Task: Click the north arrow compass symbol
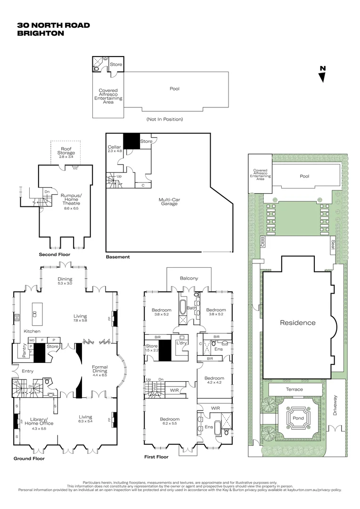click(x=322, y=74)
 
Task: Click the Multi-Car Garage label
click(x=168, y=201)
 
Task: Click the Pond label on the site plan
click(x=298, y=418)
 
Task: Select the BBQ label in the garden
click(x=263, y=242)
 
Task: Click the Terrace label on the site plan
click(x=295, y=389)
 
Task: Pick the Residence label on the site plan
click(x=297, y=323)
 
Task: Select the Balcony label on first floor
click(x=189, y=278)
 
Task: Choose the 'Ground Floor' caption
click(x=29, y=458)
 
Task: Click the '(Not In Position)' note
click(x=164, y=119)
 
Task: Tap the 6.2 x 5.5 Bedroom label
click(x=170, y=421)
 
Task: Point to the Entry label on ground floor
click(x=27, y=371)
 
